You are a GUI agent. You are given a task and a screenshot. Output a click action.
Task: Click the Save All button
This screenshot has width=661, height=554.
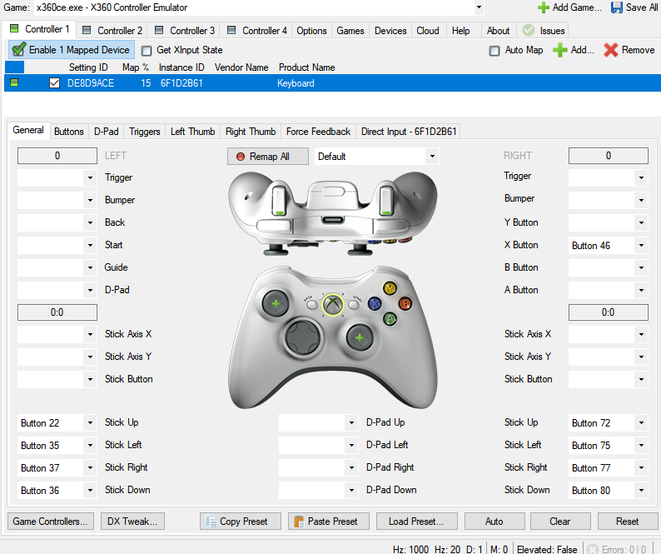tap(634, 7)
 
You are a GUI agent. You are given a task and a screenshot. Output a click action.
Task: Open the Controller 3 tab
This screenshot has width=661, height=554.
tap(186, 31)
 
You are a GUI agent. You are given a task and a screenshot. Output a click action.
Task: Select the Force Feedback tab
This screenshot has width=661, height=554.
tap(318, 132)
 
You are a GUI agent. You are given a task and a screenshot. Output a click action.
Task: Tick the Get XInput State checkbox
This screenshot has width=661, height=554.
tap(147, 50)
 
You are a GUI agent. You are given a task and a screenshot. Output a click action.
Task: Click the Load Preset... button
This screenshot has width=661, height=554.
tap(415, 522)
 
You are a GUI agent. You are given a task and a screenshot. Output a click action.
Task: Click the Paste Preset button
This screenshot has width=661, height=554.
tap(325, 522)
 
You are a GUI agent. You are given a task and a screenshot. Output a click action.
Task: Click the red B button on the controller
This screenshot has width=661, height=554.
tap(405, 303)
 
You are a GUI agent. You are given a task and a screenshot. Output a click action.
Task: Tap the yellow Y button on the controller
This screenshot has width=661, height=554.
tap(389, 288)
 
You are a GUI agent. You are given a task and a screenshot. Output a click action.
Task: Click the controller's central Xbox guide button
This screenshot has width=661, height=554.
tap(333, 304)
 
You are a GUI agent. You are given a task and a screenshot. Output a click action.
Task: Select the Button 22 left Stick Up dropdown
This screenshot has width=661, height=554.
tap(57, 423)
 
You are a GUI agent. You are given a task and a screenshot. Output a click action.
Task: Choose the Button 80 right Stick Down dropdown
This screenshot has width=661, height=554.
tap(608, 491)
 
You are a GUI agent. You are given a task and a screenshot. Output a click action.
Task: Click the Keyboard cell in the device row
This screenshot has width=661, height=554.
tap(296, 83)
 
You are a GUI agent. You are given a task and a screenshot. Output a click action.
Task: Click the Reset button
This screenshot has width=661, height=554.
tap(627, 522)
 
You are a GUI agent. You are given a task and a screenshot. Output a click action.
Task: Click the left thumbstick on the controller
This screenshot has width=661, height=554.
tap(275, 304)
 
